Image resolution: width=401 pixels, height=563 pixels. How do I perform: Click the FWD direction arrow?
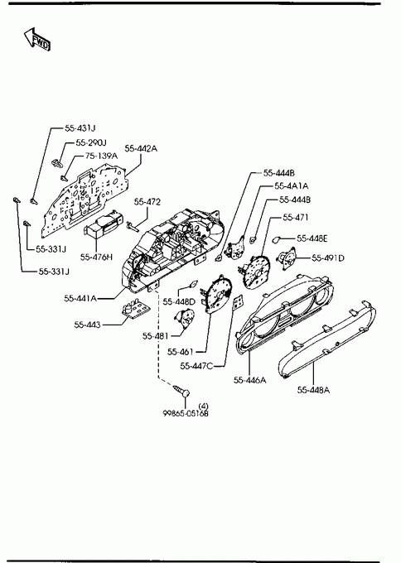click(37, 39)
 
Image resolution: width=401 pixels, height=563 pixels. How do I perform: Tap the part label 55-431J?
click(80, 128)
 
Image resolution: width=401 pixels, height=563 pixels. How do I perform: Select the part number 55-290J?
click(91, 142)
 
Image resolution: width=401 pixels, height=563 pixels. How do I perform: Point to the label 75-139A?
click(101, 156)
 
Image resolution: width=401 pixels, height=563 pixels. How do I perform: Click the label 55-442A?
click(141, 148)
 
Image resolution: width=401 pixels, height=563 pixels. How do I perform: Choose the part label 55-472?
click(147, 202)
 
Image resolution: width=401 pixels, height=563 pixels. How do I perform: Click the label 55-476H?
click(96, 257)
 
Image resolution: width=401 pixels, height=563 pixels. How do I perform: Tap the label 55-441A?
click(80, 298)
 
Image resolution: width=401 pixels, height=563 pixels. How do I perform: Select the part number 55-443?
click(87, 325)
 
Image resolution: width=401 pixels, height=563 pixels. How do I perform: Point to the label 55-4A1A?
click(292, 186)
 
